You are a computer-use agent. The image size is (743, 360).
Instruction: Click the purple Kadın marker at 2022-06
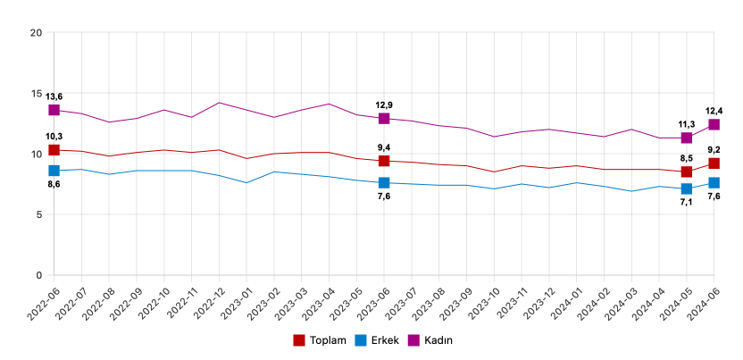click(54, 110)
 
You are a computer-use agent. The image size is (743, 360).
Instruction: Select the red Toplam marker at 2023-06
click(384, 161)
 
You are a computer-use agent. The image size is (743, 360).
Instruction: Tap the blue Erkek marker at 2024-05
click(687, 188)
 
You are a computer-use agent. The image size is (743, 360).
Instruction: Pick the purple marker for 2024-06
click(714, 124)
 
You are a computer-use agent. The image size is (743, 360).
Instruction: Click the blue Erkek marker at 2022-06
click(54, 171)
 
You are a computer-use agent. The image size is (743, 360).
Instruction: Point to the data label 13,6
click(54, 96)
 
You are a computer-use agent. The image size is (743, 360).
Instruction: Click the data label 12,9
click(384, 105)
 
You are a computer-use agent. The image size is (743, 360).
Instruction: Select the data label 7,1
click(687, 203)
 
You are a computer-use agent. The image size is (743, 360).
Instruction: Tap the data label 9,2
click(714, 150)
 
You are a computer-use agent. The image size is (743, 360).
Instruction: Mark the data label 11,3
click(687, 124)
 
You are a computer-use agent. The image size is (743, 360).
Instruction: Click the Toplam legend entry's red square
click(300, 340)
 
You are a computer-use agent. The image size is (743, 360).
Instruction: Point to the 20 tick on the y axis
click(37, 33)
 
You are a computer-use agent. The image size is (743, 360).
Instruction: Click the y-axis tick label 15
click(37, 94)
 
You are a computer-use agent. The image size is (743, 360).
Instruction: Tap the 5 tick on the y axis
click(39, 214)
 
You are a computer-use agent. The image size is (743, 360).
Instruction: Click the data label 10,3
click(54, 137)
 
